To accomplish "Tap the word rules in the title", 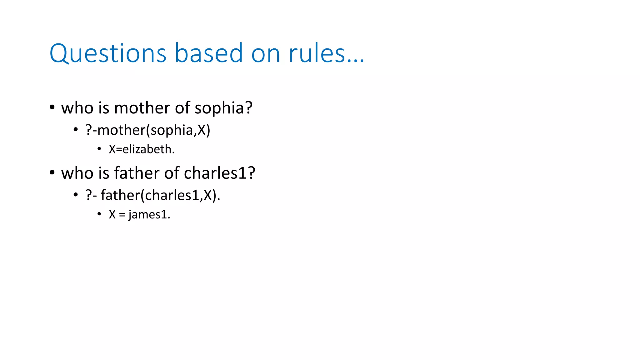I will coord(317,54).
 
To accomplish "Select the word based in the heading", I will coord(208,54).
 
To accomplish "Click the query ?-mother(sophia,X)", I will coord(148,130).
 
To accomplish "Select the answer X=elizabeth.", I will coord(142,149).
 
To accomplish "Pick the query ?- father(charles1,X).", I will coord(153,196).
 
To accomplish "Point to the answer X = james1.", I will coord(139,215).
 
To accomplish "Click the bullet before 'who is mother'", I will coord(52,107).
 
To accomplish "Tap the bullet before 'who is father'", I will coord(52,172).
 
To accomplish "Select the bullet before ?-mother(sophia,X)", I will coord(76,129).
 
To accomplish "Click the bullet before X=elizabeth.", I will coord(99,149).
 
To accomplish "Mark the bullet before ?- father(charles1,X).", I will coord(76,195).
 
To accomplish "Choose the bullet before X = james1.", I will coord(99,214).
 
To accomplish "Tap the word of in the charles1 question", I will coord(172,173).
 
